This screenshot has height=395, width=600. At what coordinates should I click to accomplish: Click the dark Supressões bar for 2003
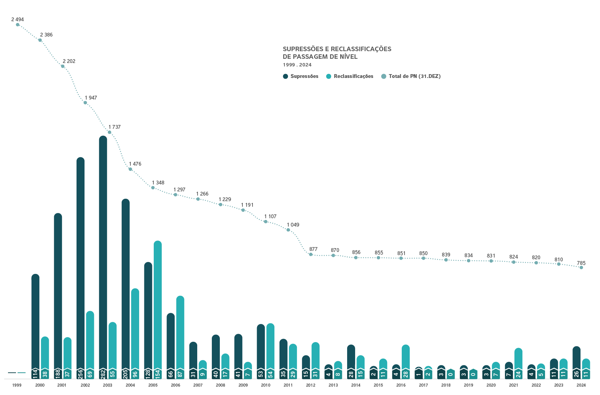click(103, 251)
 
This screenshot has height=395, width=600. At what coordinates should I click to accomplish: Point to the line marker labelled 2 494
click(18, 25)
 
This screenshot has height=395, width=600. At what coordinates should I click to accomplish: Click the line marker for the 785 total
click(581, 268)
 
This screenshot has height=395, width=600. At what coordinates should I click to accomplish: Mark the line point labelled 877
click(311, 254)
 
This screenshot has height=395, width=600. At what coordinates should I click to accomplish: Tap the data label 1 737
click(114, 127)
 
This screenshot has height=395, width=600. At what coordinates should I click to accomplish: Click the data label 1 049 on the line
click(293, 225)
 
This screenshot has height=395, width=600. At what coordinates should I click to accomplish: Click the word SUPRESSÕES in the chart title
click(303, 49)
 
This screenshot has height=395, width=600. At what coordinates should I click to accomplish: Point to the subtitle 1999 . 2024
click(297, 65)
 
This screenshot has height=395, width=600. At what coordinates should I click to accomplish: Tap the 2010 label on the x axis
click(265, 385)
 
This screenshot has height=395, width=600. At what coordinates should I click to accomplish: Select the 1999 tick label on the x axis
click(17, 385)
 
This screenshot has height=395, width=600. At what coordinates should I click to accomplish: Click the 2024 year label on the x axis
click(581, 385)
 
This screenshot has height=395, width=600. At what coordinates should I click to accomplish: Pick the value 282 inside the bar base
click(103, 374)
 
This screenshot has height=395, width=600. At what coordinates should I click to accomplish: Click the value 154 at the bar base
click(158, 374)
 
